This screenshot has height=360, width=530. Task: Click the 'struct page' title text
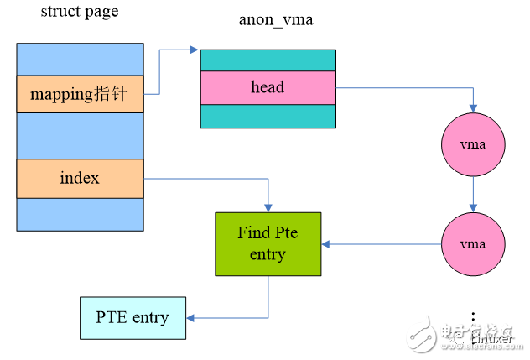point(80,12)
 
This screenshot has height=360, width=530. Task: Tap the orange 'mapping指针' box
point(80,94)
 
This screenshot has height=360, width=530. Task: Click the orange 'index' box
point(80,178)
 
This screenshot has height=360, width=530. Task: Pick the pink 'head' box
point(268,87)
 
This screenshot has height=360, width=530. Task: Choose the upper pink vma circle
point(473,145)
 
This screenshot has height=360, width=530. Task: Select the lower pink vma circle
point(473,244)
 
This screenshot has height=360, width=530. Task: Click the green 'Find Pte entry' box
point(268,243)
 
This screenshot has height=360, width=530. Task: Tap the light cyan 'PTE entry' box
point(132,318)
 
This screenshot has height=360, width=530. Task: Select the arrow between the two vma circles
point(473,194)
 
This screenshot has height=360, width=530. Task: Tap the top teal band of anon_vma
point(268,60)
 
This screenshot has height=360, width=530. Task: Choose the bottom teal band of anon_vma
point(268,116)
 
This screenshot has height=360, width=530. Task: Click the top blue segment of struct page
point(80,59)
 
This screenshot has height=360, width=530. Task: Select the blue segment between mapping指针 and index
point(80,136)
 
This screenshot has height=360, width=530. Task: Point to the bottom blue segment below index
point(80,214)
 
